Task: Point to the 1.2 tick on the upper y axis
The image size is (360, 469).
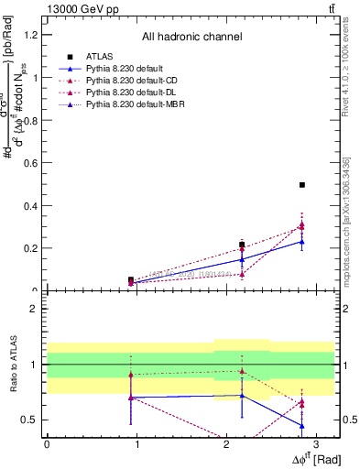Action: coord(34,35)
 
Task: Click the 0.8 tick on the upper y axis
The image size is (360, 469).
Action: coord(34,120)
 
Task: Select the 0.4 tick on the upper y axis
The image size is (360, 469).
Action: coord(34,205)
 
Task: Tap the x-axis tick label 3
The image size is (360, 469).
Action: coord(315,443)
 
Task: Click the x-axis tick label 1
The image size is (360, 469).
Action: coord(136,443)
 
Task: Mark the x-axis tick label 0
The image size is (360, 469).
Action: coord(47,443)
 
